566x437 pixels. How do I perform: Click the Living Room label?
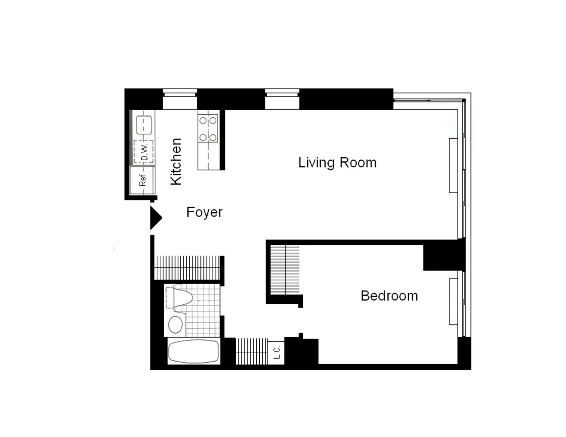click(338, 163)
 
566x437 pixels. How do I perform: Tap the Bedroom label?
click(389, 296)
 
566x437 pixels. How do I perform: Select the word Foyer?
click(204, 212)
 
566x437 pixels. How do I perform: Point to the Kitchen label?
click(176, 162)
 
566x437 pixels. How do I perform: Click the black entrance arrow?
click(156, 218)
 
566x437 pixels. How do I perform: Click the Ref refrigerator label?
click(143, 180)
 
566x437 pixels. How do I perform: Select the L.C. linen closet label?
click(276, 352)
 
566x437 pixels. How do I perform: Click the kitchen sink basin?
click(144, 125)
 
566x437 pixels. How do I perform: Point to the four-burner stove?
click(208, 128)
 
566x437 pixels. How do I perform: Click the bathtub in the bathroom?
click(194, 352)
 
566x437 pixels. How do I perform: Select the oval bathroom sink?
click(175, 324)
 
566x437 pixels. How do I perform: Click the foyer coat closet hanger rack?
click(187, 268)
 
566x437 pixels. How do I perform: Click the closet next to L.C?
click(251, 351)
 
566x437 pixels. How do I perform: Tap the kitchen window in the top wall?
click(180, 99)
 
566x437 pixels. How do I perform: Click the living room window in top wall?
click(282, 99)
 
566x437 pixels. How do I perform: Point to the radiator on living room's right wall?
click(453, 165)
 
